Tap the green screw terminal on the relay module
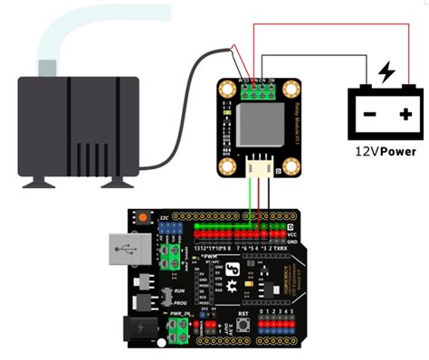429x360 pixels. (x=253, y=87)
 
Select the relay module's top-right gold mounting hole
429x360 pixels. (x=291, y=89)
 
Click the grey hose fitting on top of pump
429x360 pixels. (x=45, y=67)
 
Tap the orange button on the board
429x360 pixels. (x=143, y=217)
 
